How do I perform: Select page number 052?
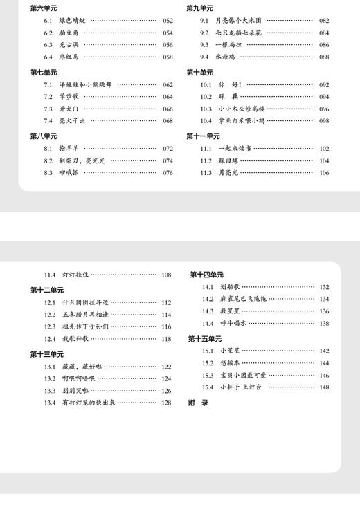coord(168,21)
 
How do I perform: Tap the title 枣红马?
coord(69,57)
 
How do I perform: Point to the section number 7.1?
coord(48,84)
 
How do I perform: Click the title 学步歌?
coord(69,97)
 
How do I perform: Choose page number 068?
coord(168,121)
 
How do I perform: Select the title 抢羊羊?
coord(69,149)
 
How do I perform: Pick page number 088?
coord(324,57)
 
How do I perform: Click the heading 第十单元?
coord(200,72)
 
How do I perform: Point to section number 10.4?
coord(206,121)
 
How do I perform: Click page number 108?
coord(166,275)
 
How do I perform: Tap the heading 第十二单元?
coord(46,290)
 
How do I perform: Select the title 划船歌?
coord(230,287)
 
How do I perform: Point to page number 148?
coord(324,387)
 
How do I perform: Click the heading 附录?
coord(198,402)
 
